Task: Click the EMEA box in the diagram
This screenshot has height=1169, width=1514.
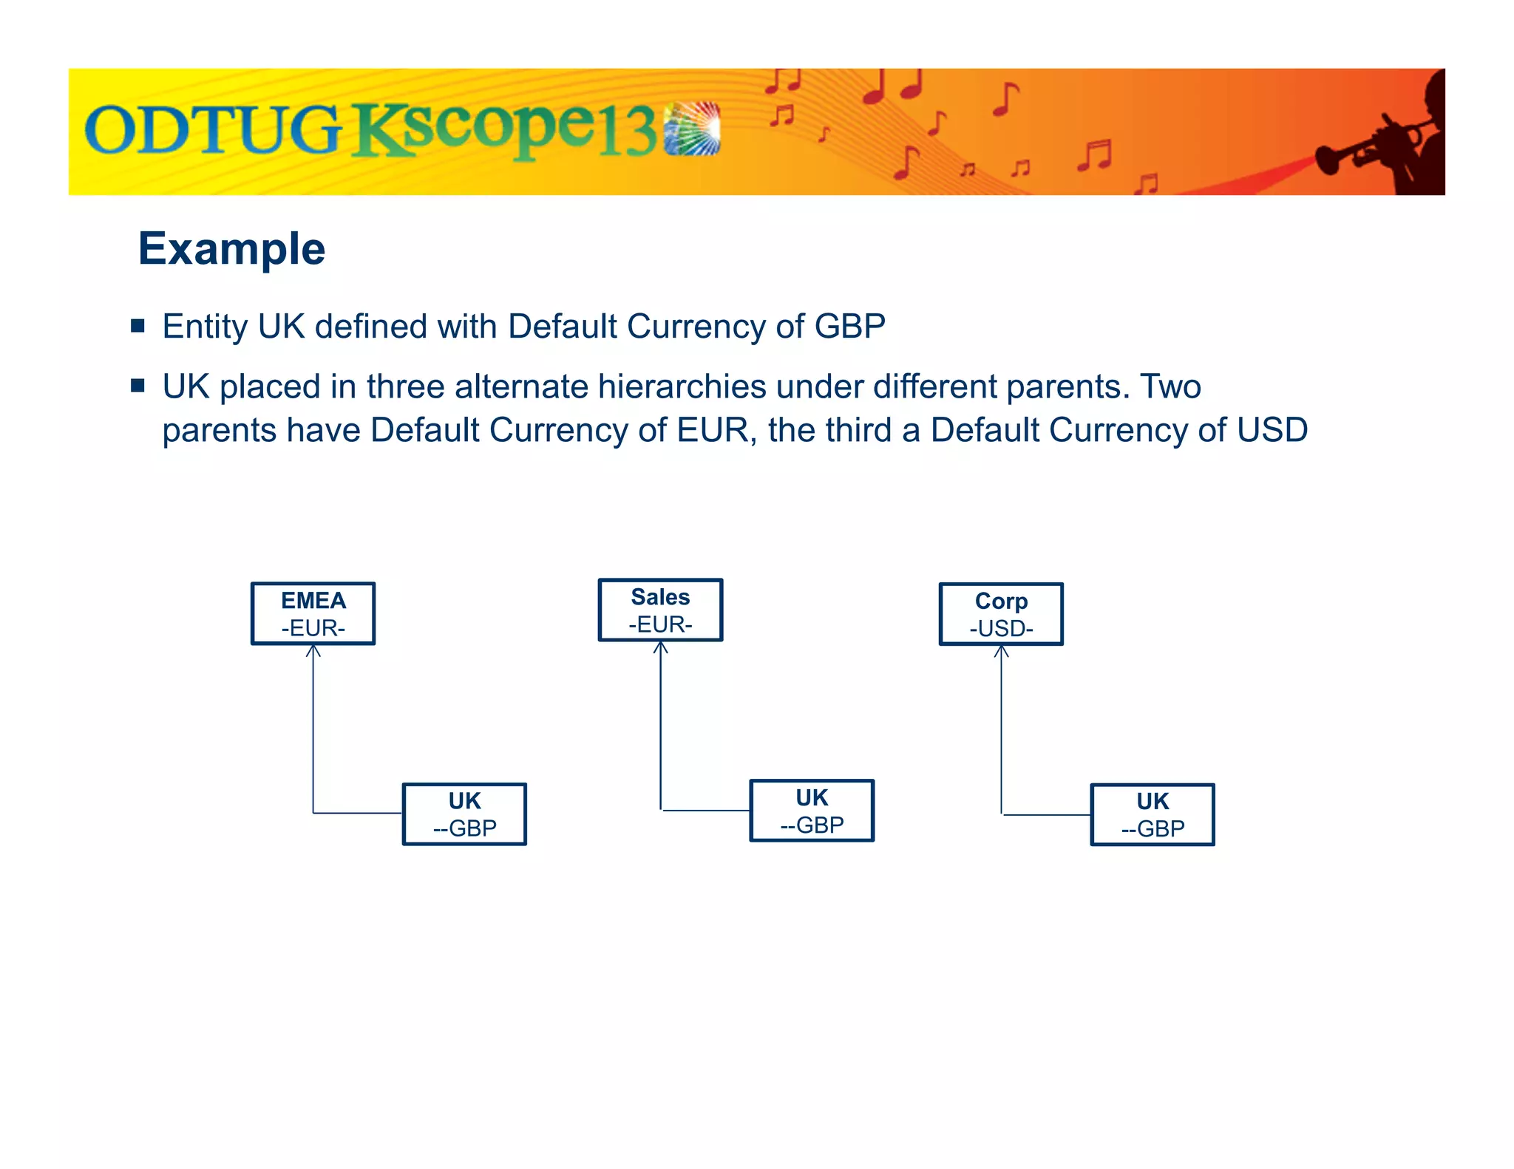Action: pos(313,613)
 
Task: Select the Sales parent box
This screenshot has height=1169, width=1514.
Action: pos(660,610)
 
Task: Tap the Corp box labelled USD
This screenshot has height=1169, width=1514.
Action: pos(1001,614)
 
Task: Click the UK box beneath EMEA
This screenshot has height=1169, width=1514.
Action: pos(464,814)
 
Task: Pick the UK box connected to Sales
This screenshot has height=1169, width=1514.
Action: pos(812,811)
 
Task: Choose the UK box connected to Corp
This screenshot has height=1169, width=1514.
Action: pos(1153,814)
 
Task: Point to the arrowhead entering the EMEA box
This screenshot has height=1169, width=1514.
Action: pos(313,650)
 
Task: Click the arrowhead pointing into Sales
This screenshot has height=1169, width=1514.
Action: pos(661,647)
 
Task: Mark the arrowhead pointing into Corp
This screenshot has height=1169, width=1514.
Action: pos(1002,651)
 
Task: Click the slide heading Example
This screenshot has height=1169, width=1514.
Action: pos(231,248)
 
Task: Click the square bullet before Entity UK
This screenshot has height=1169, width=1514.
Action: pos(138,325)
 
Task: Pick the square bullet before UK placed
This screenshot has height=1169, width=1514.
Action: pos(138,385)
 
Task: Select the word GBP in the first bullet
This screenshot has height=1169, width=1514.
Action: pos(849,327)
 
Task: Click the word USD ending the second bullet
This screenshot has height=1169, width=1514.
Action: pos(1272,430)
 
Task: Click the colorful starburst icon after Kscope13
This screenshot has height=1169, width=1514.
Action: pos(692,129)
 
